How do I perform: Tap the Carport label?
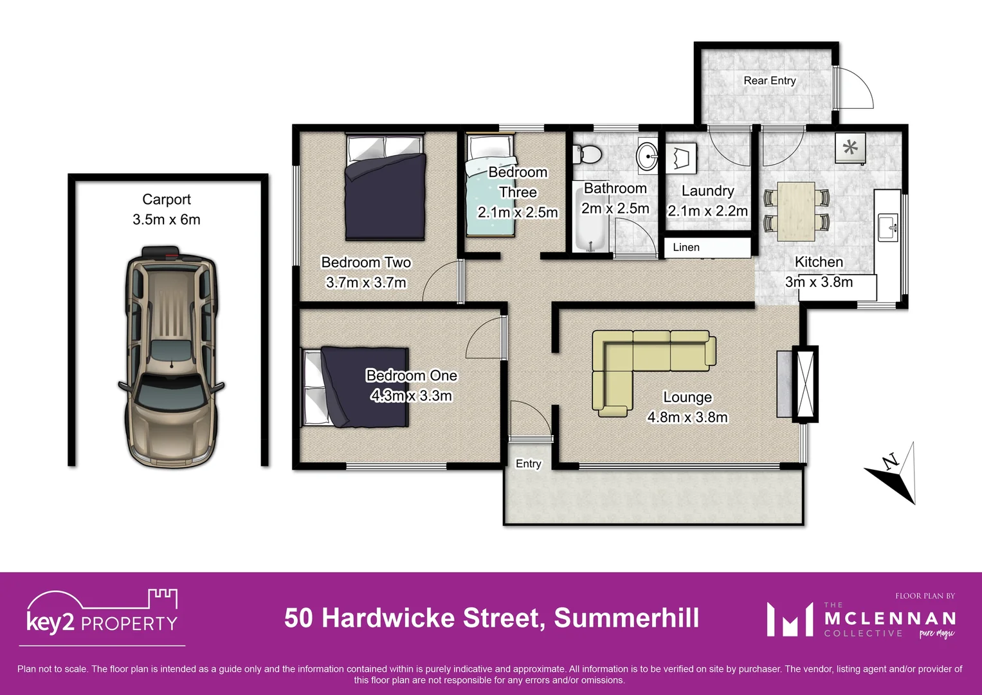click(167, 200)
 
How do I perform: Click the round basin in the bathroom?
click(647, 155)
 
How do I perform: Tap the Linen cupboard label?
click(686, 248)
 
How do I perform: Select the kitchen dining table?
click(796, 212)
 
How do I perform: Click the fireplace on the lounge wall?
click(805, 384)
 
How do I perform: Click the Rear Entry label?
click(770, 81)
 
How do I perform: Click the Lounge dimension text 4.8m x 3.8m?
click(687, 418)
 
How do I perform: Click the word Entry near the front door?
click(529, 464)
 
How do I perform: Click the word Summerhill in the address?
click(626, 618)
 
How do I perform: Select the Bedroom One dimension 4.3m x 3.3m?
click(412, 396)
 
